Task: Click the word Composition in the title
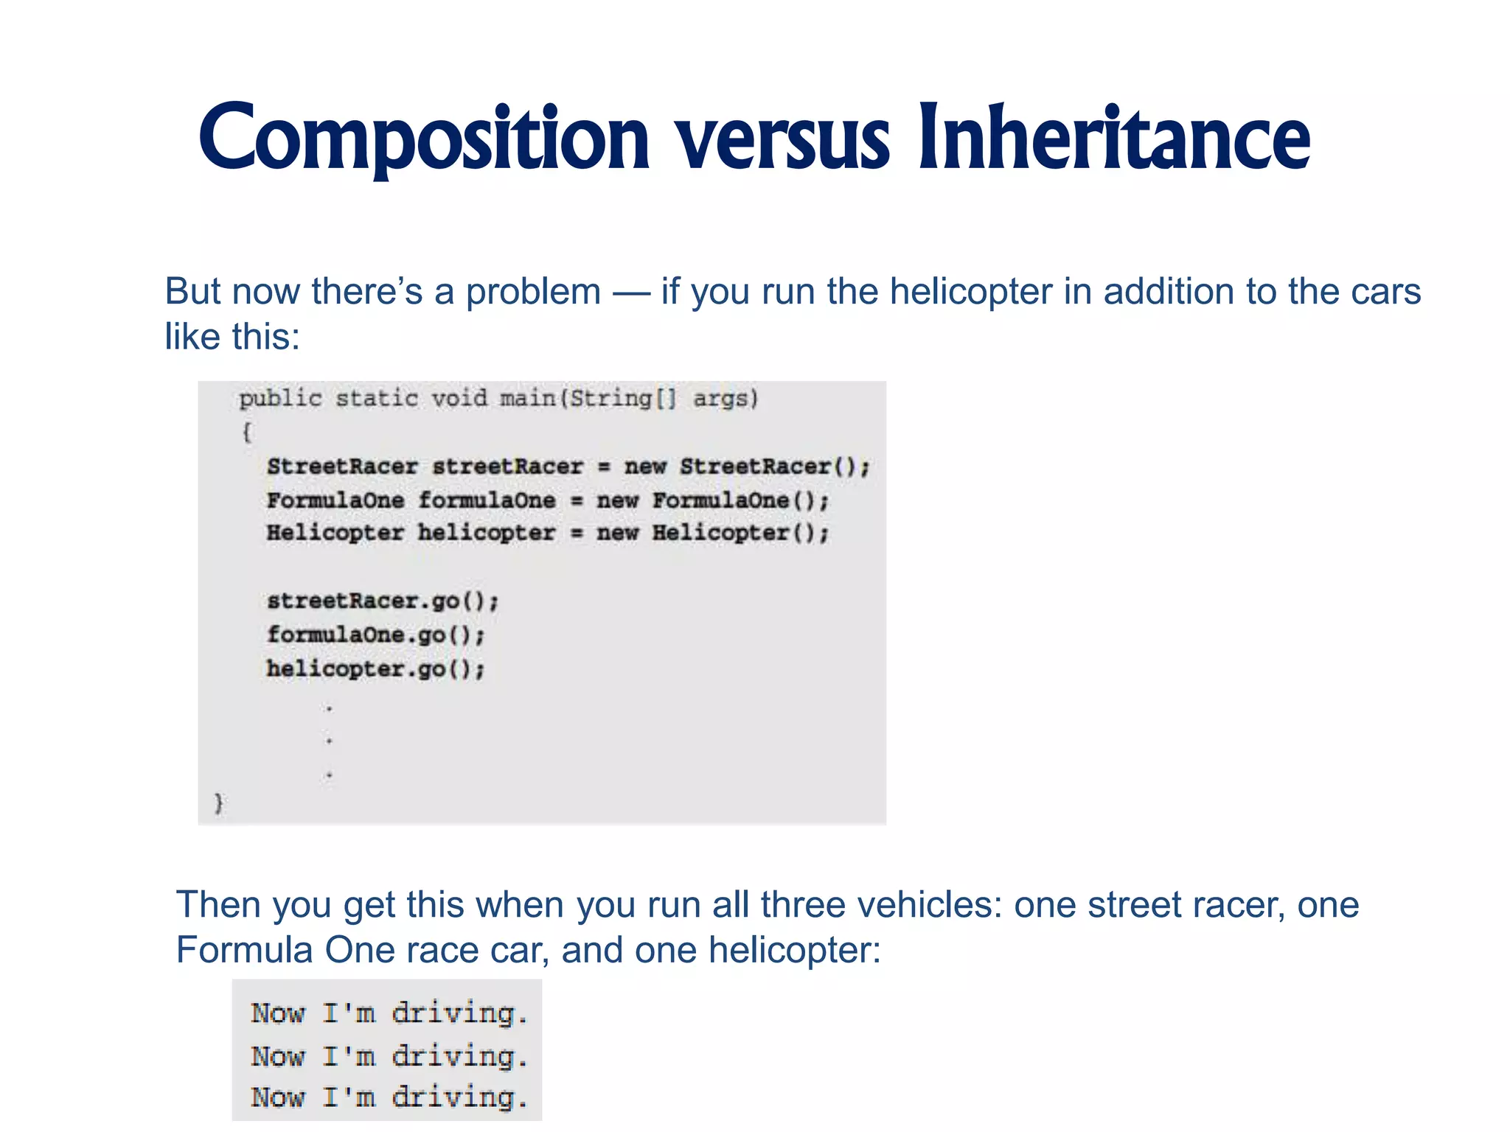pos(424,139)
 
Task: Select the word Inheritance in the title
pos(1113,139)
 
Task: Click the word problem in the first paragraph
pos(533,292)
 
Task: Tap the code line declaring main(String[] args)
pos(498,399)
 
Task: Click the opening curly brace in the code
pos(246,432)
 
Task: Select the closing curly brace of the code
pos(218,802)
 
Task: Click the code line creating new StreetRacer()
pos(568,467)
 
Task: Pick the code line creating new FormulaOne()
pos(547,500)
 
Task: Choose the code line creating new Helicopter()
pos(547,533)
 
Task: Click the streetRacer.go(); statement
pos(383,601)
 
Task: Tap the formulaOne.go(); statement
pos(375,635)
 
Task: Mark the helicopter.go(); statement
pos(375,668)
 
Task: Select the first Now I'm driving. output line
pos(389,1013)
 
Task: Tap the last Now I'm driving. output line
pos(389,1097)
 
